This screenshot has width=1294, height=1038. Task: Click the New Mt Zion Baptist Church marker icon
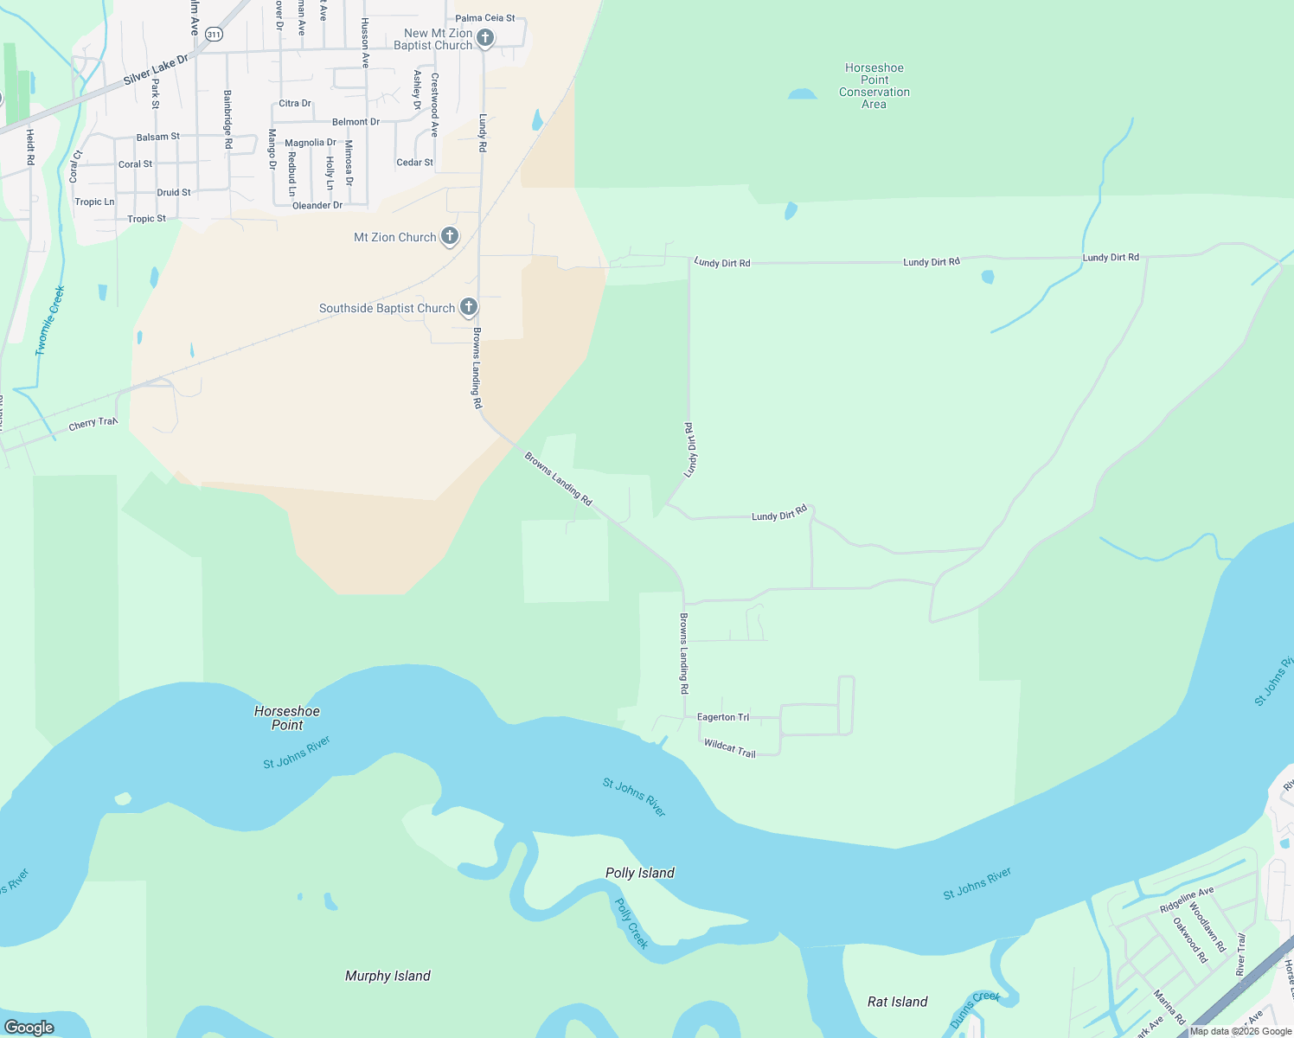click(x=485, y=37)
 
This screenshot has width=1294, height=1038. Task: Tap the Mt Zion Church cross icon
click(x=450, y=235)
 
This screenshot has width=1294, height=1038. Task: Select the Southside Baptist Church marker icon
click(x=468, y=306)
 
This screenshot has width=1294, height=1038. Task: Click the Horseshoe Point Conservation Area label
click(x=874, y=86)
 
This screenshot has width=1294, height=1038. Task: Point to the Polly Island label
click(x=639, y=873)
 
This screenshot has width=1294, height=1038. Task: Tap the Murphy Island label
click(x=388, y=976)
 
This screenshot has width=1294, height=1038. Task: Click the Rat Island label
click(x=897, y=1002)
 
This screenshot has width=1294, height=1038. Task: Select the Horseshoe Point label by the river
click(x=287, y=718)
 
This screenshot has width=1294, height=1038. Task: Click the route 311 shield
click(x=215, y=34)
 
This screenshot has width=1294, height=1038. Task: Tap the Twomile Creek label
click(x=50, y=321)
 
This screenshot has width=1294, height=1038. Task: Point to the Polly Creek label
click(x=631, y=923)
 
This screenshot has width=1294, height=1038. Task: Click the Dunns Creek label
click(x=975, y=1009)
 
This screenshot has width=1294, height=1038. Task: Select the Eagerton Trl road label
click(x=723, y=717)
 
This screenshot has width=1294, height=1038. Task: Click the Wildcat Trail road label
click(x=729, y=748)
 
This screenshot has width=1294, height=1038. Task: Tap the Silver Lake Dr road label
click(x=156, y=70)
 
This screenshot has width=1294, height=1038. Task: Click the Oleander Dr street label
click(x=317, y=206)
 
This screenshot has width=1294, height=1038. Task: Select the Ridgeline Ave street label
click(x=1187, y=900)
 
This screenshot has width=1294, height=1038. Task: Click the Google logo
click(x=29, y=1027)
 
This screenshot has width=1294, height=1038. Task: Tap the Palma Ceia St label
click(x=485, y=18)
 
